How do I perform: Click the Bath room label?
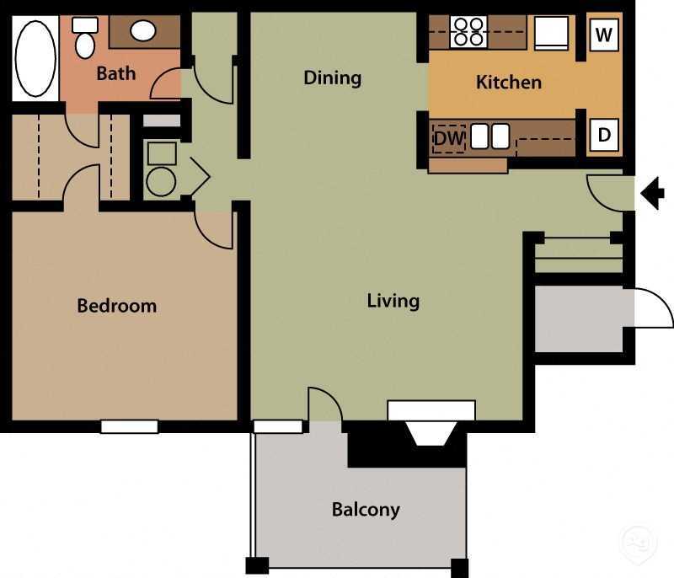[115, 73]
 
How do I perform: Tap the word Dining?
[332, 78]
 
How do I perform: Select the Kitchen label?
[508, 82]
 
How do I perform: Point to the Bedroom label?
[116, 305]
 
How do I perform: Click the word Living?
[393, 300]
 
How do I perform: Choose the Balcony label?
[365, 509]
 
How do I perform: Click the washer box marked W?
[603, 35]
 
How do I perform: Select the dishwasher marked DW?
[448, 139]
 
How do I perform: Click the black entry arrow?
[652, 193]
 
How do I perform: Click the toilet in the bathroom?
[85, 40]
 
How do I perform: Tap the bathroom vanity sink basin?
[143, 31]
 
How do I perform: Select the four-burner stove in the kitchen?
[468, 31]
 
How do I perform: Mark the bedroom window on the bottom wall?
[130, 426]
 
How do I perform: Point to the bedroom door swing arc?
[216, 232]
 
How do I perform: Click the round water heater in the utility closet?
[160, 181]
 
